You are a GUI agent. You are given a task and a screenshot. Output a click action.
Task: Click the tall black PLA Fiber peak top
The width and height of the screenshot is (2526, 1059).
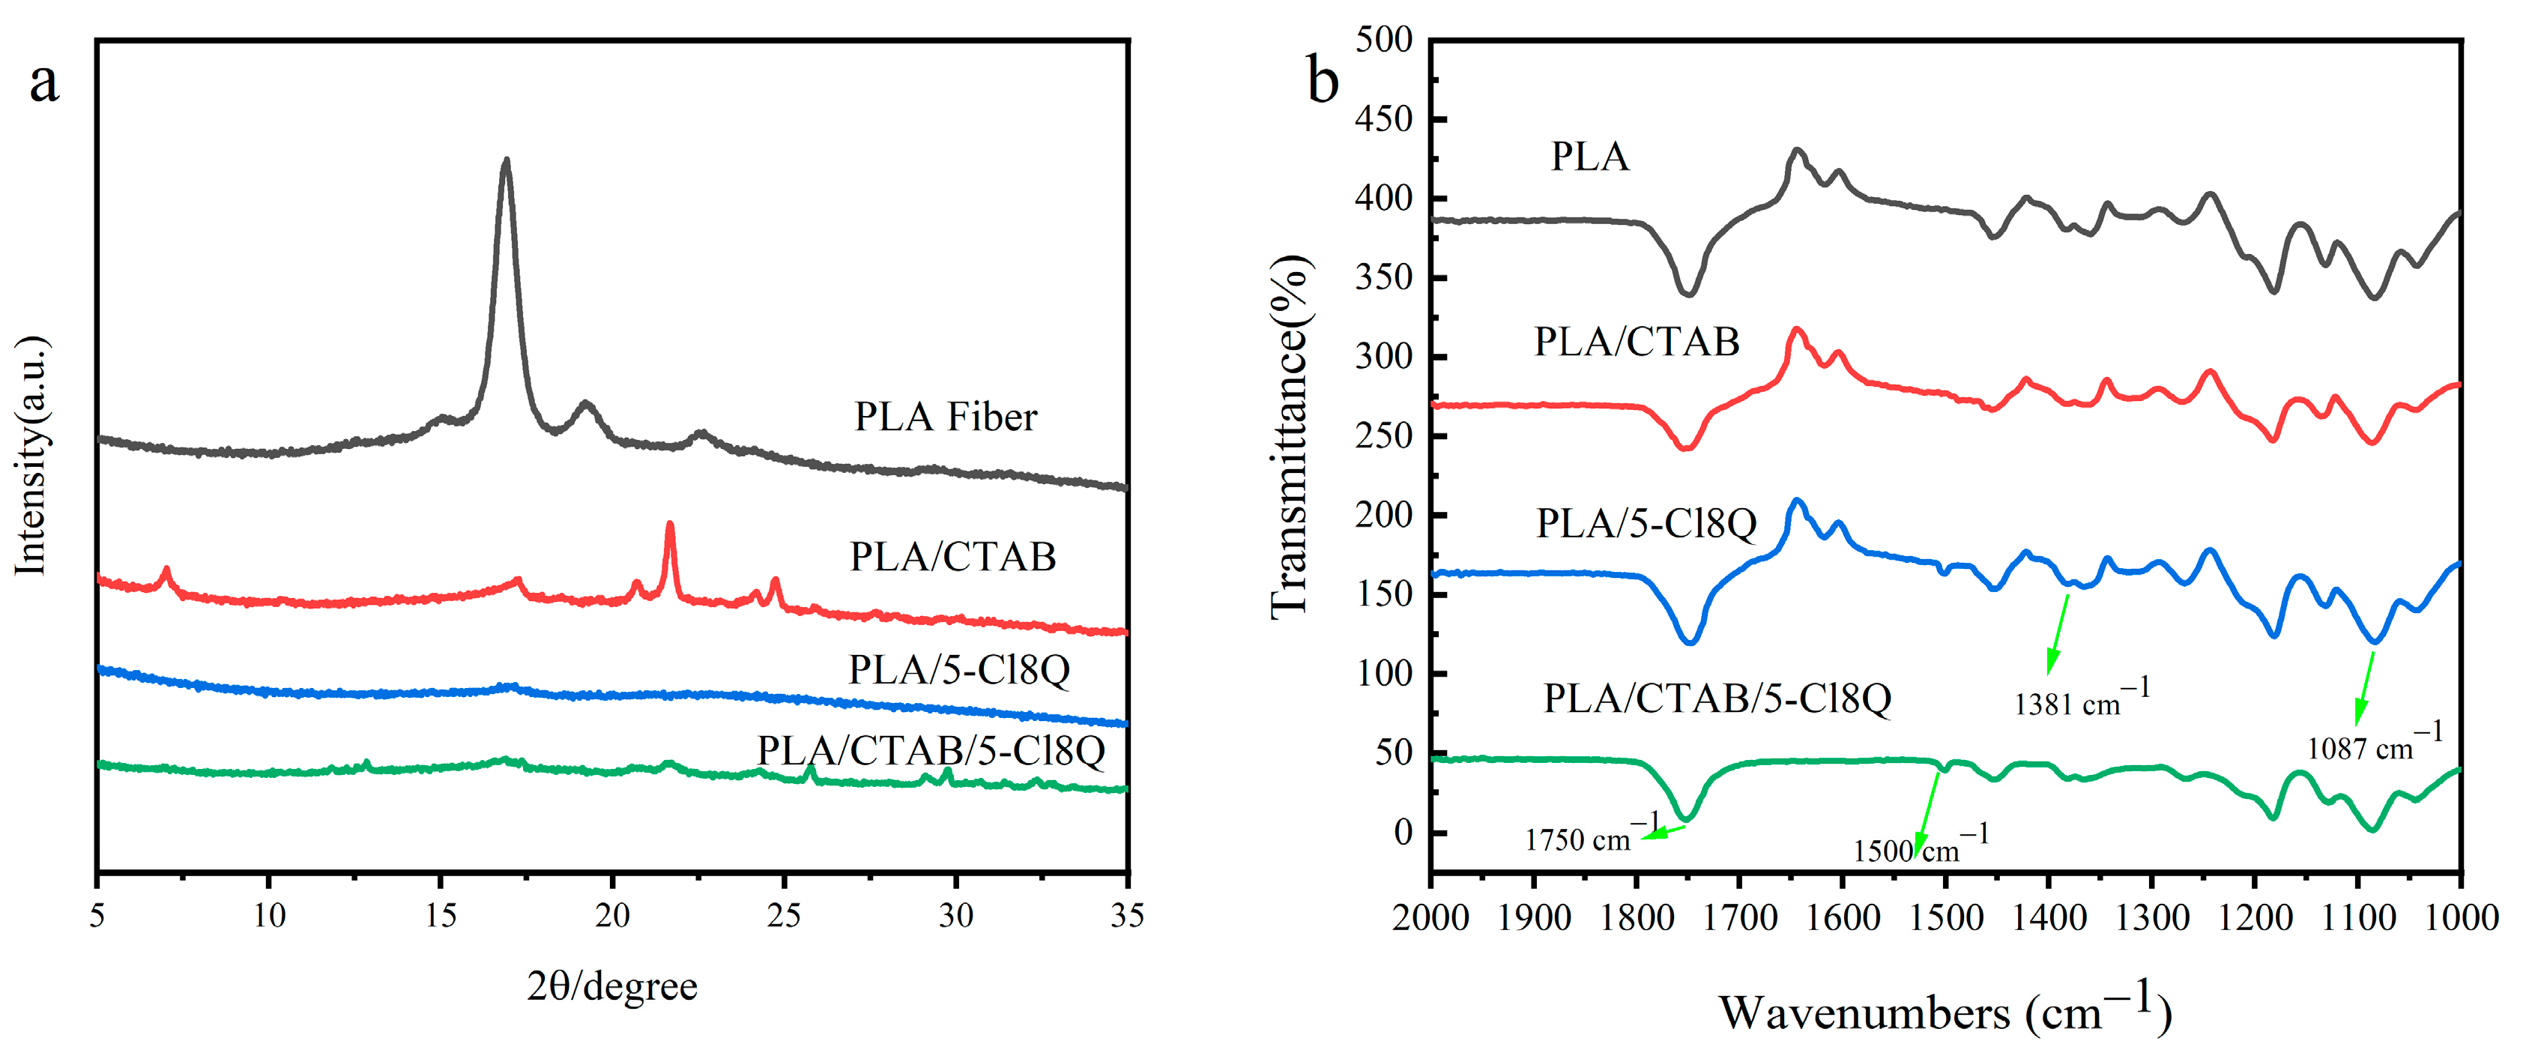point(506,162)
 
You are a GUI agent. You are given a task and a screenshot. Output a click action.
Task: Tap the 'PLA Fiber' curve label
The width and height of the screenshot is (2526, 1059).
point(946,417)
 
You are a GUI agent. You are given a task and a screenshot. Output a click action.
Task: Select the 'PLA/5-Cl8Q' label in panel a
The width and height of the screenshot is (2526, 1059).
point(958,670)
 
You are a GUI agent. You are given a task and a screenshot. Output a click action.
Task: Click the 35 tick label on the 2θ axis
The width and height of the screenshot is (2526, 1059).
point(1127,916)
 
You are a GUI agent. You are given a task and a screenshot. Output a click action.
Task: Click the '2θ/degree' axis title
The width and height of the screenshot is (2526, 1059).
point(612,986)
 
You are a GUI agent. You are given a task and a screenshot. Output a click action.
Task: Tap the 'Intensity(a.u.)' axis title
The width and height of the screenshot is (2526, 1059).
point(31,456)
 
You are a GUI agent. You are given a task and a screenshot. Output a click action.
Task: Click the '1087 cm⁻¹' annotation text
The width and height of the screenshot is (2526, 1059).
point(2374,744)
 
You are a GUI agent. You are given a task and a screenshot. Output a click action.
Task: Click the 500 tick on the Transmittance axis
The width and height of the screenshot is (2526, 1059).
point(1383,40)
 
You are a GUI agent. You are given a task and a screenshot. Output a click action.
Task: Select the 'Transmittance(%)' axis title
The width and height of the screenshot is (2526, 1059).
point(1290,436)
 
